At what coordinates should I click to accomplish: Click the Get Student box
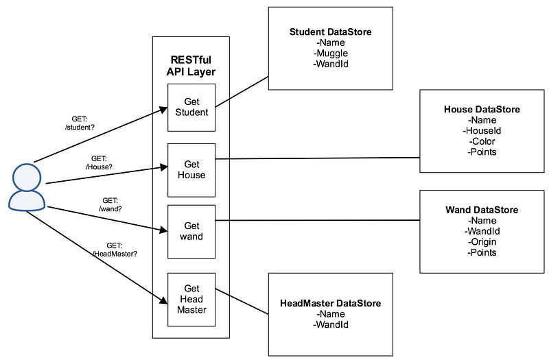tap(191, 108)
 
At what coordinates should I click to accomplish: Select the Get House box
tap(191, 170)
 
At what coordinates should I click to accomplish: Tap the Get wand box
tap(191, 232)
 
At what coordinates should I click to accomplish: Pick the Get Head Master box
tap(191, 300)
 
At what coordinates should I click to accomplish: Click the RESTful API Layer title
tap(191, 66)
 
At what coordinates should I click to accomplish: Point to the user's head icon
tap(27, 177)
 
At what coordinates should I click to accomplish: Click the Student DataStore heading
tap(330, 32)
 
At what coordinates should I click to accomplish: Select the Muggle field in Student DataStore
tap(331, 53)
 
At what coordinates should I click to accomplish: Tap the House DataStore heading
tap(482, 110)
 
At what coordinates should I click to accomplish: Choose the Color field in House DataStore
tap(482, 141)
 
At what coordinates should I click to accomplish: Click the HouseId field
tap(482, 131)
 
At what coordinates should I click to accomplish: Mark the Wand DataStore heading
tap(482, 210)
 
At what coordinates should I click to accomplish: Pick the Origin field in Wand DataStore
tap(482, 242)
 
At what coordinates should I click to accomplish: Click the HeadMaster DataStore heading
tap(330, 303)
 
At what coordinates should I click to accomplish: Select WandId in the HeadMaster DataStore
tap(331, 324)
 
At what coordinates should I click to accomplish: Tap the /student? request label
tap(80, 128)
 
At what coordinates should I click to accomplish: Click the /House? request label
tap(99, 167)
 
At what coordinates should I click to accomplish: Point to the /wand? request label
tap(110, 209)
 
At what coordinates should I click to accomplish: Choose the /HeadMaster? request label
tap(115, 254)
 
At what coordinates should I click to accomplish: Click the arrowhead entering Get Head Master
tap(163, 300)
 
